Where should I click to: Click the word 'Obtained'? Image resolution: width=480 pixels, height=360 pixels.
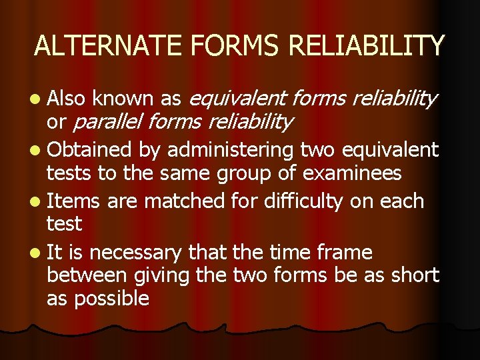pyautogui.click(x=91, y=151)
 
